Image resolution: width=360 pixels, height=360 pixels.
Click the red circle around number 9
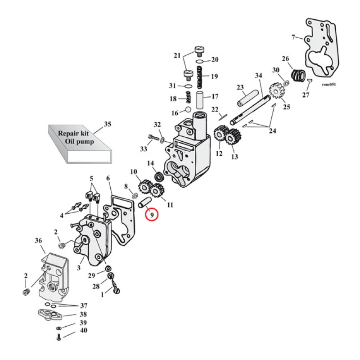click(x=152, y=215)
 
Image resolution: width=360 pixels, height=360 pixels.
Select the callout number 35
click(x=107, y=124)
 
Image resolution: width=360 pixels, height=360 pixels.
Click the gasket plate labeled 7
click(x=321, y=49)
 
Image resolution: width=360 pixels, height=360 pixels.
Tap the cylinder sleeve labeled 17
click(x=201, y=99)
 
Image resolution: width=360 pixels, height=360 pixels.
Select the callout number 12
click(x=219, y=153)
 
